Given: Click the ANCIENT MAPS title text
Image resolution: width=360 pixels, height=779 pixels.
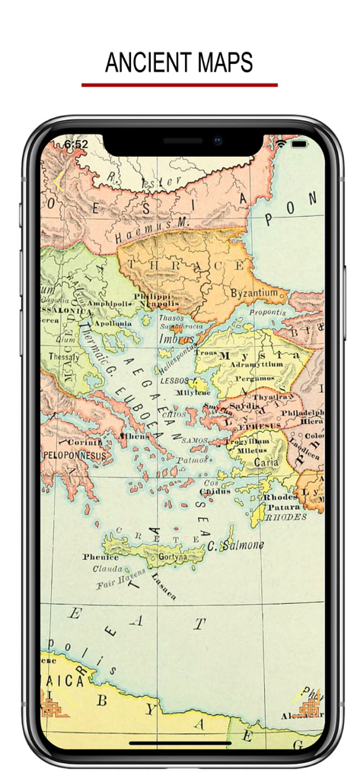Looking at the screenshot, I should (179, 62).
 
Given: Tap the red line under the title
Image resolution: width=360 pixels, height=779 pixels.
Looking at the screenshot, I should (180, 85).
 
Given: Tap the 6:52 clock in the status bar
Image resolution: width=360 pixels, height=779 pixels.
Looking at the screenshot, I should (76, 144).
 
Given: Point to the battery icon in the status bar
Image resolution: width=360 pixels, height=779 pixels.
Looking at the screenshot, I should (299, 144).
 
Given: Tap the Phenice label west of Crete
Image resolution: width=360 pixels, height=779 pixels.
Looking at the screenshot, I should (100, 557).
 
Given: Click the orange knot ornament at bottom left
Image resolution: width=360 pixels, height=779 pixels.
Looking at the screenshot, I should (53, 705).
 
